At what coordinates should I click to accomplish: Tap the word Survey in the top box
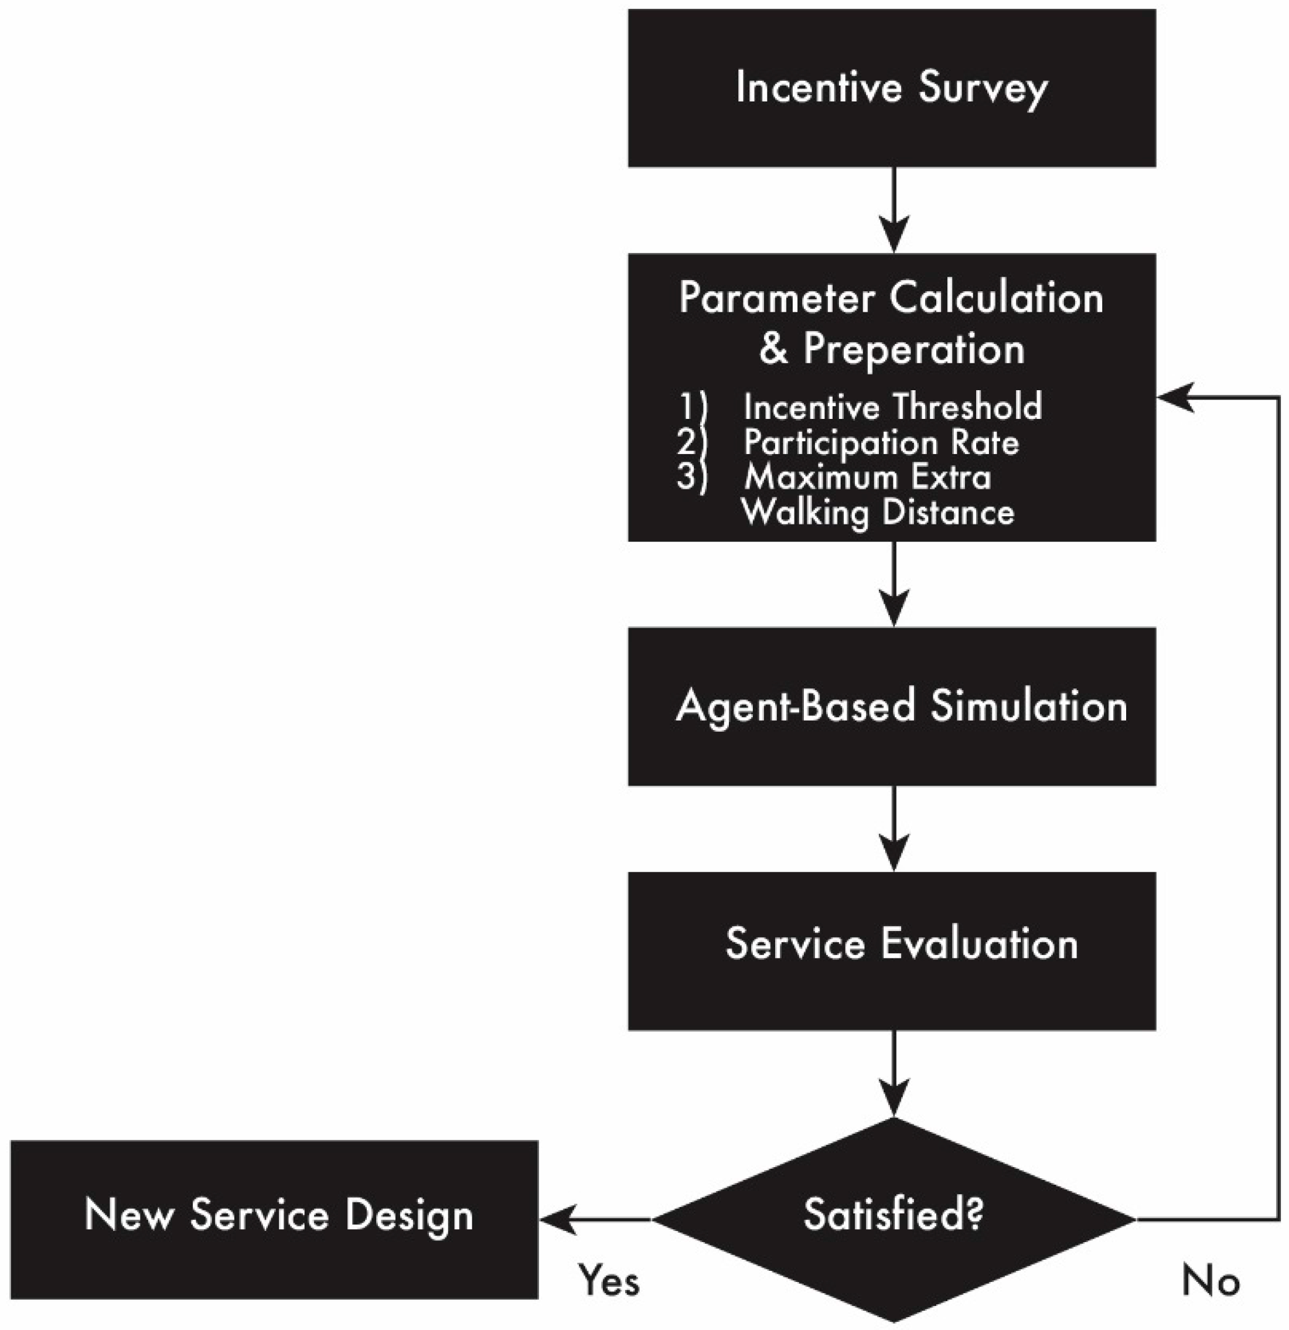coord(983,88)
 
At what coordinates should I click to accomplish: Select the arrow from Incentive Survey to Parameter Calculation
coord(894,210)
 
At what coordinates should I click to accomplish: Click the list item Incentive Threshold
coord(892,407)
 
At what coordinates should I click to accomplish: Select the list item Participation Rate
coord(881,442)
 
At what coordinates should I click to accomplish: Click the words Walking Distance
coord(878,513)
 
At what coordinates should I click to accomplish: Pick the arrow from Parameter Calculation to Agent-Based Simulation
coord(894,584)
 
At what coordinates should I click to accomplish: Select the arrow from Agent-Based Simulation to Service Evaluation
coord(894,828)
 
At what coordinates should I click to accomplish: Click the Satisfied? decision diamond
coord(894,1218)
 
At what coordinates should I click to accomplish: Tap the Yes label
coord(609,1281)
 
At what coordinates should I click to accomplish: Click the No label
coord(1210,1281)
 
